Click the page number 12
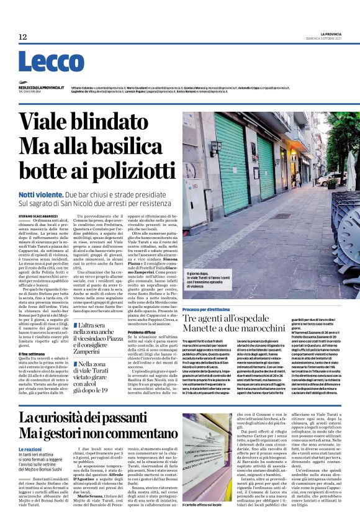[x=23, y=37]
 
